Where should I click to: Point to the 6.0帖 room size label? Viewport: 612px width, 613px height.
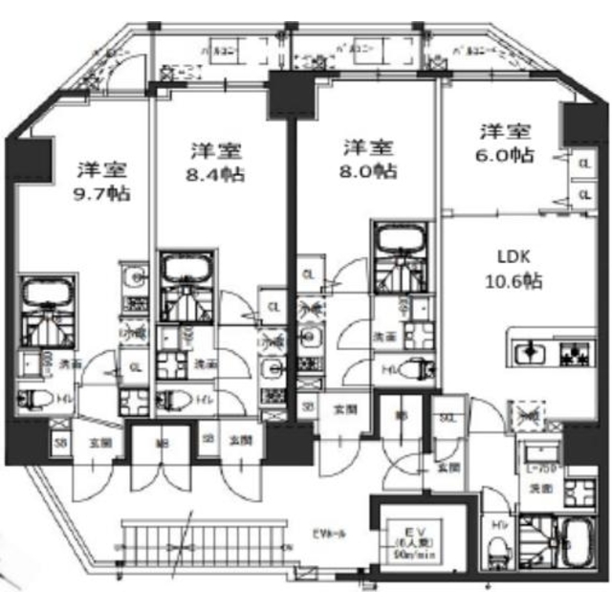point(507,154)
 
